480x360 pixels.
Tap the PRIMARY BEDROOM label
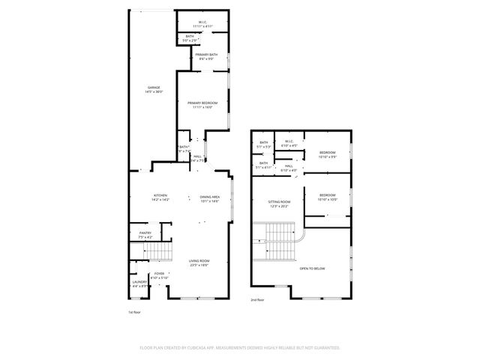click(202, 103)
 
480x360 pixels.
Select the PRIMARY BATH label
click(206, 54)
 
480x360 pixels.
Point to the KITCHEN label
click(160, 196)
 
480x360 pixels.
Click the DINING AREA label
click(209, 196)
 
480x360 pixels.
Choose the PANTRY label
click(145, 233)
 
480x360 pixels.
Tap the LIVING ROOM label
click(199, 261)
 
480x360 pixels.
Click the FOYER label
click(159, 274)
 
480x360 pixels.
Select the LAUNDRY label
click(139, 282)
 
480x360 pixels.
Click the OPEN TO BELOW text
click(313, 268)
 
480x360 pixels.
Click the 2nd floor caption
click(258, 298)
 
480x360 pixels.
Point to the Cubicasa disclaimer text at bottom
click(240, 347)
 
